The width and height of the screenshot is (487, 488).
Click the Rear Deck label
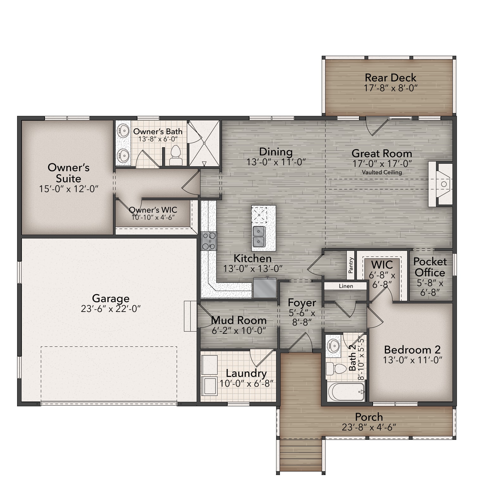(x=390, y=78)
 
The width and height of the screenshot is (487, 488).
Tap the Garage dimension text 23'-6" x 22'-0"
(x=111, y=309)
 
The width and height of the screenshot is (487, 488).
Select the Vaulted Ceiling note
(x=382, y=172)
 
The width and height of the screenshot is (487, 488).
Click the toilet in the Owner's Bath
(x=175, y=155)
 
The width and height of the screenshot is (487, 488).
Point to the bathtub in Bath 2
(x=346, y=392)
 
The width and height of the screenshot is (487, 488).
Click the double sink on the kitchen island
(x=259, y=237)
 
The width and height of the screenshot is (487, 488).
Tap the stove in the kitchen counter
(x=209, y=241)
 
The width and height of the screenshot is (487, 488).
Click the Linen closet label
(x=346, y=286)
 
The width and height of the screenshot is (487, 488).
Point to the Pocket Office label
(x=430, y=267)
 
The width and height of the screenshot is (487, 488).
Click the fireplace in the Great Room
(x=440, y=184)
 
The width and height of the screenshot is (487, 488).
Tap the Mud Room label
(x=239, y=320)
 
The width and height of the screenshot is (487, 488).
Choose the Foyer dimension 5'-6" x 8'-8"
(x=302, y=318)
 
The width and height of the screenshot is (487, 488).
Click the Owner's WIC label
(x=153, y=210)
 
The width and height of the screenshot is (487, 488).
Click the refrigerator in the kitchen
(x=265, y=288)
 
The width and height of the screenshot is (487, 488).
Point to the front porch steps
(x=301, y=455)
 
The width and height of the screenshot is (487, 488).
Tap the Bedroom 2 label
(x=412, y=350)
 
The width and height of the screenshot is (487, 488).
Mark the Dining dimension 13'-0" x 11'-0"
(x=276, y=162)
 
